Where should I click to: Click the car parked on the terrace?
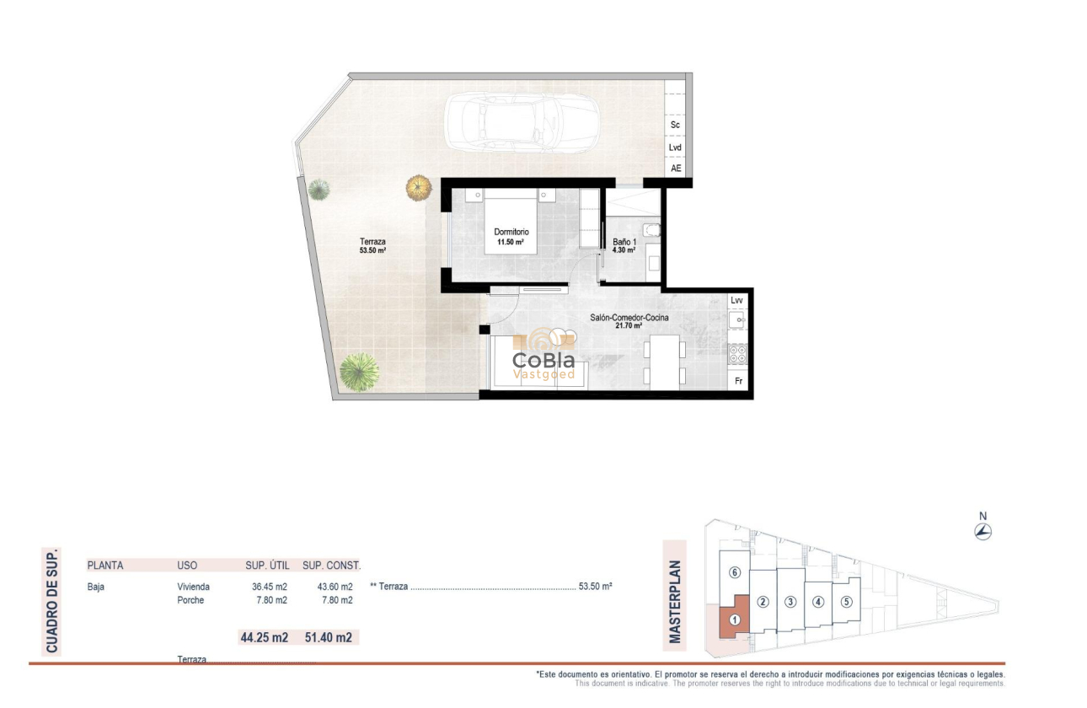(522, 123)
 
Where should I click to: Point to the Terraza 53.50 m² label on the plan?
(372, 245)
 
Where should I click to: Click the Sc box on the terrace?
(675, 125)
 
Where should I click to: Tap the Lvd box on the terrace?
(675, 147)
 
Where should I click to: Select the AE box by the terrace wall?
(675, 169)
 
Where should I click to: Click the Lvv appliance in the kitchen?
(737, 300)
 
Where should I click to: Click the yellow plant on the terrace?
(418, 186)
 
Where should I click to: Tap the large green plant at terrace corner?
(360, 372)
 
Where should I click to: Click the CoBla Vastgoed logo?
(544, 357)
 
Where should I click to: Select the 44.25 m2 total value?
(265, 638)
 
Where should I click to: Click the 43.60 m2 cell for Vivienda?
(335, 587)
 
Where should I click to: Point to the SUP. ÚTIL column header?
(266, 566)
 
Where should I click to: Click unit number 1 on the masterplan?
(735, 620)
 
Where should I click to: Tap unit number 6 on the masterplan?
(735, 573)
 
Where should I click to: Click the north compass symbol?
(983, 531)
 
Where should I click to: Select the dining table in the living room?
(664, 359)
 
